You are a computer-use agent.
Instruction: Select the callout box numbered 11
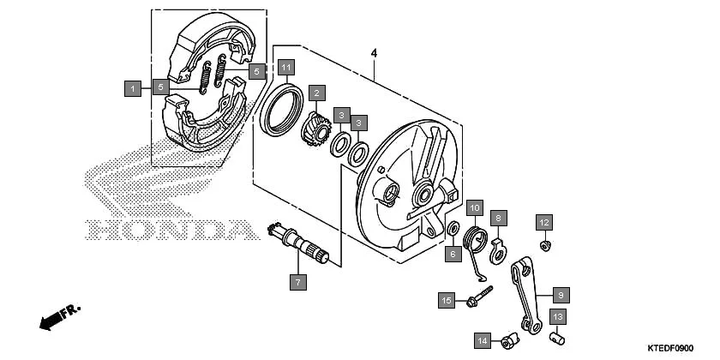286,66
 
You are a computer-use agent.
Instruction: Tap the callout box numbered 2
316,93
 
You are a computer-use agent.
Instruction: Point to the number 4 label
374,54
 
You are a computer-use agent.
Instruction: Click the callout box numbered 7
297,281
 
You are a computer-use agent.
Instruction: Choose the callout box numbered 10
475,207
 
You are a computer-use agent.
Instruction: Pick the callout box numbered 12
543,223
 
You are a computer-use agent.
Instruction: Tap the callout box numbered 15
447,300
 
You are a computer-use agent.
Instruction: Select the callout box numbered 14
483,341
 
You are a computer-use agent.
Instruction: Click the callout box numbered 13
557,317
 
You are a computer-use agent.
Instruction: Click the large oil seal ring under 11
281,109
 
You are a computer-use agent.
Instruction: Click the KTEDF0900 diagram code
671,349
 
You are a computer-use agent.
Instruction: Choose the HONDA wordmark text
164,230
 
